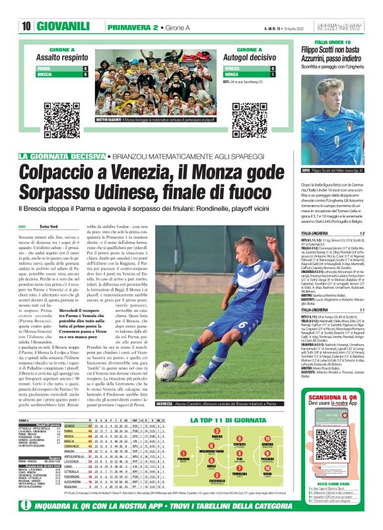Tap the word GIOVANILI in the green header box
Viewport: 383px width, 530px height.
click(62, 26)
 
